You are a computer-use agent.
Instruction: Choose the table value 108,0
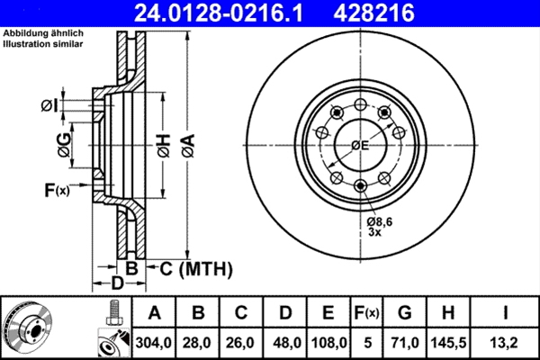[328, 341]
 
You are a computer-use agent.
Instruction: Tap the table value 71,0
[404, 341]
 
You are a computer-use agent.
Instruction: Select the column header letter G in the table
[404, 312]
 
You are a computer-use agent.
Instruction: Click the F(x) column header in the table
[366, 312]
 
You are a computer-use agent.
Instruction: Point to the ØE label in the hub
[360, 145]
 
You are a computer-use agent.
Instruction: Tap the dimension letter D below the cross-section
[116, 284]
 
